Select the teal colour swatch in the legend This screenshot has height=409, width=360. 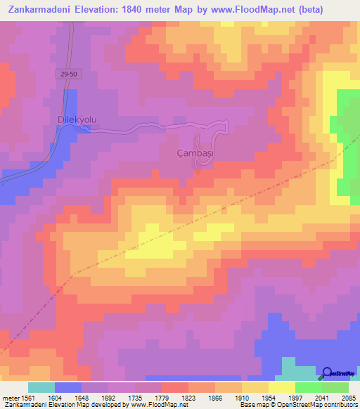[x=41, y=387]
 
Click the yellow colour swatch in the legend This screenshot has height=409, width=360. [x=282, y=387]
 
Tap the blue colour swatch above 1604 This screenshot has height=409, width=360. [x=68, y=387]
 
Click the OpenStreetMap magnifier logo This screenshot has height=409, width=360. [x=328, y=373]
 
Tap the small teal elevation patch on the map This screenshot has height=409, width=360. [x=289, y=368]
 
